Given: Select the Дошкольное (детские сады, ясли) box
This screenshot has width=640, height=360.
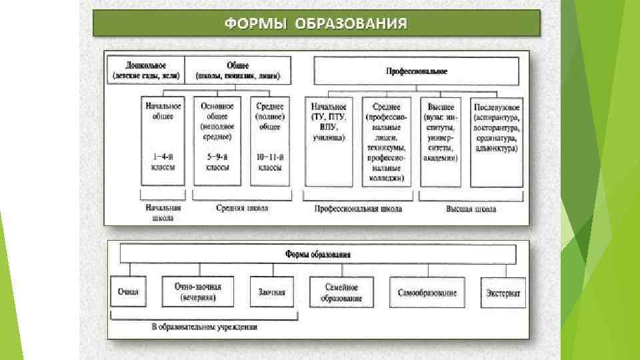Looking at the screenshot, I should point(146,70).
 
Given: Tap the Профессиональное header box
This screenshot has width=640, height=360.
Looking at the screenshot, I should point(417,70).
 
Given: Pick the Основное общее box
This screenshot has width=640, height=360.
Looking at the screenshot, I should point(215,141).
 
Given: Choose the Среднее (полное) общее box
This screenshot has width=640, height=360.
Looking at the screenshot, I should point(269,141).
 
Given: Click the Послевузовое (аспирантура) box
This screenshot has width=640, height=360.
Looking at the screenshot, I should point(497,141).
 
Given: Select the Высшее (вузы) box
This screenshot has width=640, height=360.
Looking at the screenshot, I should point(440,141).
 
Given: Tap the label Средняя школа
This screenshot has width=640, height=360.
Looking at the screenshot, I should point(242,209).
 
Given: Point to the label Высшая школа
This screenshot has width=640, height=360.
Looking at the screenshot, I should point(471,209).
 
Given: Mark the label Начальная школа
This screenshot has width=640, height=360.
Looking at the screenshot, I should point(163,213).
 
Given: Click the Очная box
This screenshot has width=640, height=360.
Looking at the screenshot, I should point(128,292).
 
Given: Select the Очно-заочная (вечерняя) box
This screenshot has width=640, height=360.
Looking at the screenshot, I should point(198,292).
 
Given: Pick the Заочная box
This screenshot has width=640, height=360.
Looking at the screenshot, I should point(271,292).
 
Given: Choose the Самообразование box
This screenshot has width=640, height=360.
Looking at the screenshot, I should point(427,292).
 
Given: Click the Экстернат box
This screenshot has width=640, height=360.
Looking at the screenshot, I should point(503,292).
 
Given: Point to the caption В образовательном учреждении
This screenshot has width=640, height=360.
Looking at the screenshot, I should point(204,327).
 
